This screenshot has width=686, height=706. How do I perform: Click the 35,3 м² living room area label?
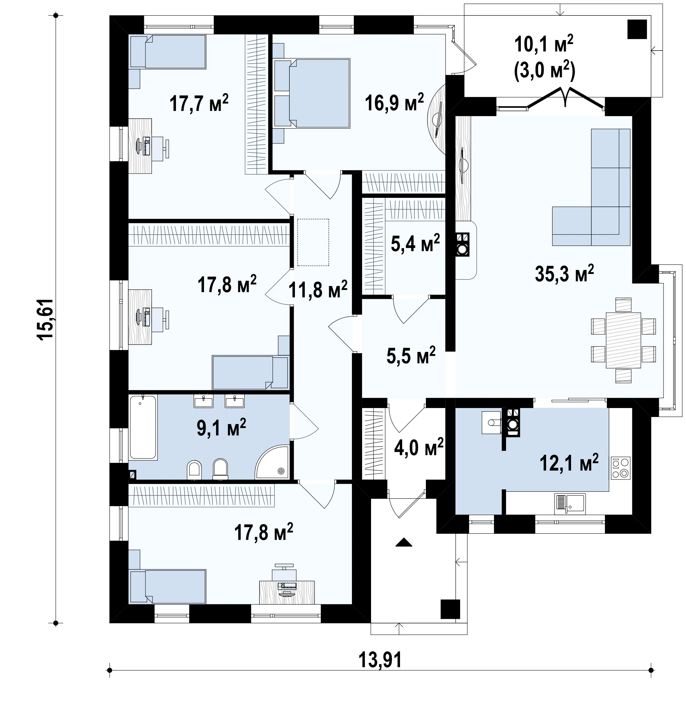click(x=564, y=273)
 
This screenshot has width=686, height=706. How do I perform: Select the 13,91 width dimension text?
click(x=380, y=660)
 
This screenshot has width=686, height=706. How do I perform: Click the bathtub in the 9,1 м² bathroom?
click(x=143, y=427)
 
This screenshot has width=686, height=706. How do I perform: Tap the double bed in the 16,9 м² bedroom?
click(x=312, y=93)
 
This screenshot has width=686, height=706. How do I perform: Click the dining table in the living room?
click(x=623, y=340)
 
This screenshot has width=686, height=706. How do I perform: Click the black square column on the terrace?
click(x=637, y=29)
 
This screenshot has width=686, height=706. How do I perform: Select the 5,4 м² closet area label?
click(x=415, y=243)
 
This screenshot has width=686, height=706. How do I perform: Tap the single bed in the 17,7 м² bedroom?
click(x=168, y=51)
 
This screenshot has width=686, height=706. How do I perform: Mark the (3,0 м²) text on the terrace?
click(x=544, y=71)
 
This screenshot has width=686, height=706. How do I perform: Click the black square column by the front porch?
click(x=450, y=609)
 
